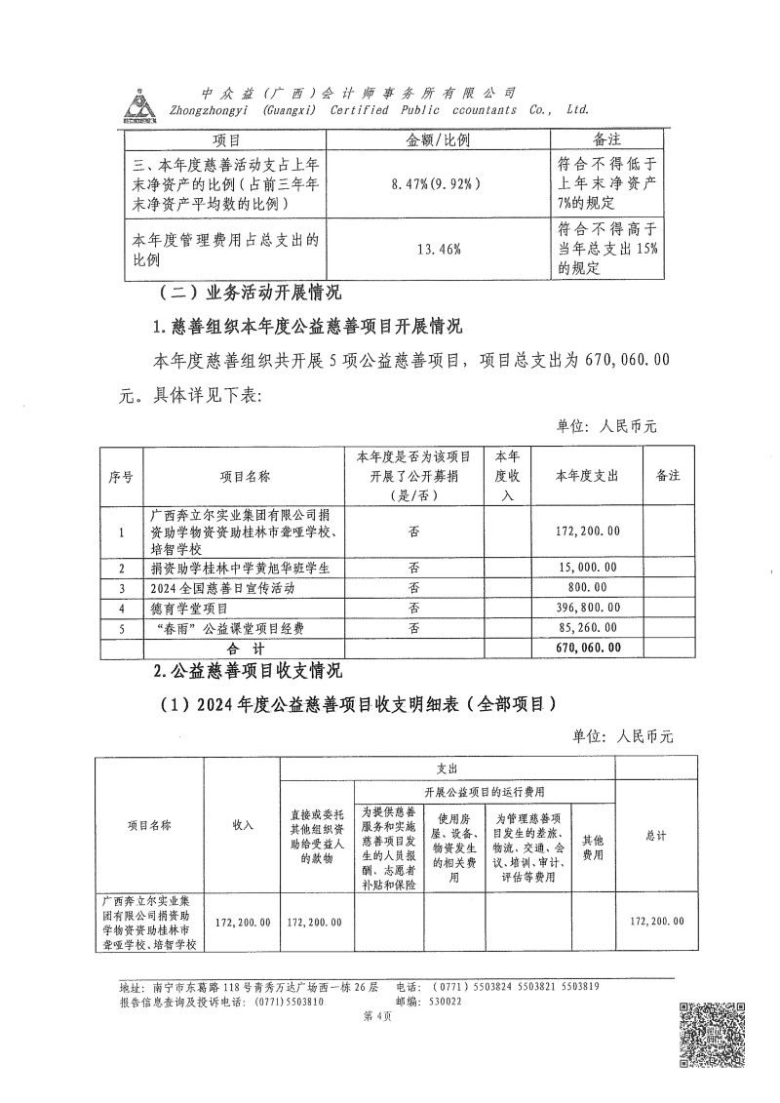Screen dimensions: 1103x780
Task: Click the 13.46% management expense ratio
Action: click(x=438, y=250)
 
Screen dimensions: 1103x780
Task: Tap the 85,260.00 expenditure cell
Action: click(x=586, y=628)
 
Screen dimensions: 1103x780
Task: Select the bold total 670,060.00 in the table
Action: click(x=586, y=648)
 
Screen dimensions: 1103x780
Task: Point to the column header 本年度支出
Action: click(x=586, y=476)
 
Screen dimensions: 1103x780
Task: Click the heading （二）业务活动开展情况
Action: click(x=252, y=292)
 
